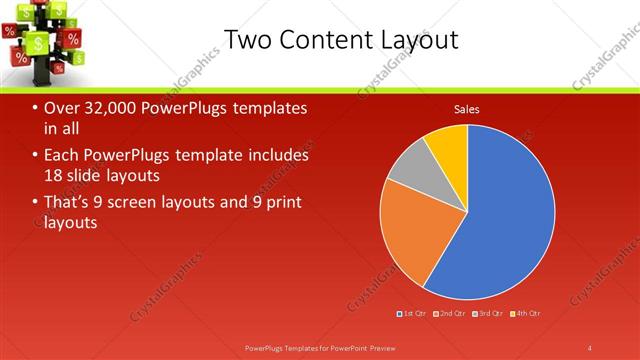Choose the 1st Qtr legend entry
(x=414, y=314)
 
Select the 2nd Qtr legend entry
(x=451, y=314)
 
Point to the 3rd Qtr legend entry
(x=489, y=314)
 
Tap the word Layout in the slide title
(x=419, y=40)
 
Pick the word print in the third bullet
(x=283, y=203)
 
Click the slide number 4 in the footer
(x=589, y=347)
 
